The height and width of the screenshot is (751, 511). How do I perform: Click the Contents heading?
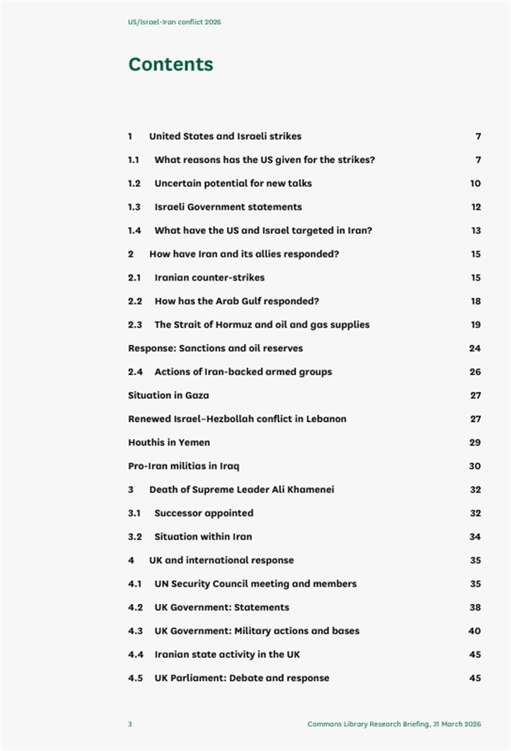pyautogui.click(x=170, y=64)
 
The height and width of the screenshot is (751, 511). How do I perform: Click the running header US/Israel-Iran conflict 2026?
pyautogui.click(x=174, y=22)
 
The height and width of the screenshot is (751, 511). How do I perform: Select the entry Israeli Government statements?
pyautogui.click(x=227, y=207)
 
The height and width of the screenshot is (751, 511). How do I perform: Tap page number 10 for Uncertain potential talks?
pyautogui.click(x=475, y=184)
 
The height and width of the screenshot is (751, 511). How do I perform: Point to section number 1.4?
pyautogui.click(x=134, y=230)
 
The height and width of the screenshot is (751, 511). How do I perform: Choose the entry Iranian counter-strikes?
pyautogui.click(x=209, y=277)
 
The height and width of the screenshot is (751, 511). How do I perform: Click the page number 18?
pyautogui.click(x=475, y=301)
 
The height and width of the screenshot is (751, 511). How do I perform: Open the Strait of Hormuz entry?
pyautogui.click(x=261, y=324)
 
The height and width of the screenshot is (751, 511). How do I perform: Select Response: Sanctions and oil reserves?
pyautogui.click(x=215, y=348)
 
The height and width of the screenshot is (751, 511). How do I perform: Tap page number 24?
pyautogui.click(x=475, y=348)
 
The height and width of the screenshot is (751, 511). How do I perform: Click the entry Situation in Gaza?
pyautogui.click(x=168, y=395)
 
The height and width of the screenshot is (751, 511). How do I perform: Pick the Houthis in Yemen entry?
pyautogui.click(x=168, y=442)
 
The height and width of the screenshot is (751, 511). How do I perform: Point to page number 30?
pyautogui.click(x=475, y=466)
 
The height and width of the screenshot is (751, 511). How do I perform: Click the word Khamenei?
pyautogui.click(x=308, y=490)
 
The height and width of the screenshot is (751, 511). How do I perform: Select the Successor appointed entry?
pyautogui.click(x=203, y=513)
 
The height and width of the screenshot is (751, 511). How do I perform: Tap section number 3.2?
pyautogui.click(x=134, y=536)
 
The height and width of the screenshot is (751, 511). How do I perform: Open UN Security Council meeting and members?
pyautogui.click(x=255, y=583)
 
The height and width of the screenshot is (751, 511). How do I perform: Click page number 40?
pyautogui.click(x=475, y=631)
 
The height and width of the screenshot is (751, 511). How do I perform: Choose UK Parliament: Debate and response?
pyautogui.click(x=242, y=678)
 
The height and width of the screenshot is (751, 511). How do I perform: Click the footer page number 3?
pyautogui.click(x=130, y=724)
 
